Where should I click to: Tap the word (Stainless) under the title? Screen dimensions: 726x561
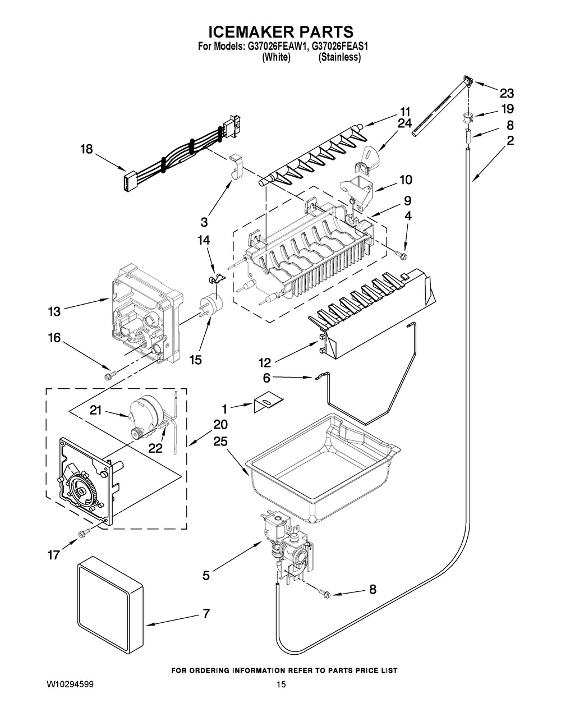coord(339,57)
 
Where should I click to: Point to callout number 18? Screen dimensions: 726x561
coord(86,149)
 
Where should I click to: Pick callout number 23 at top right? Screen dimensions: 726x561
coord(507,94)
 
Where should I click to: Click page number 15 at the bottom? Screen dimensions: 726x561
coord(282,685)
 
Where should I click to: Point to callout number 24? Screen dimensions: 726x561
coord(404,123)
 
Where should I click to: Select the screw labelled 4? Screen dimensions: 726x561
coord(402,256)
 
